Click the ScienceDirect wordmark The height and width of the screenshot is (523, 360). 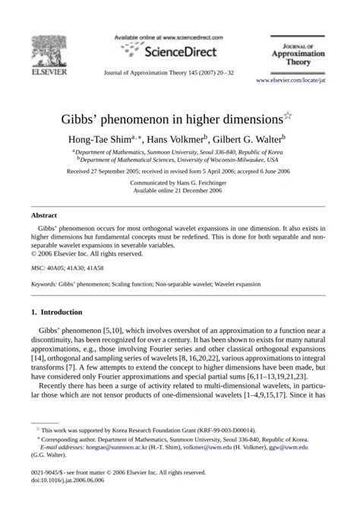coord(175,51)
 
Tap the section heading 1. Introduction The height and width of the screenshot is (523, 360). coord(59,312)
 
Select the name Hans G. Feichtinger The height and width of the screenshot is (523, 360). coord(204,183)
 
